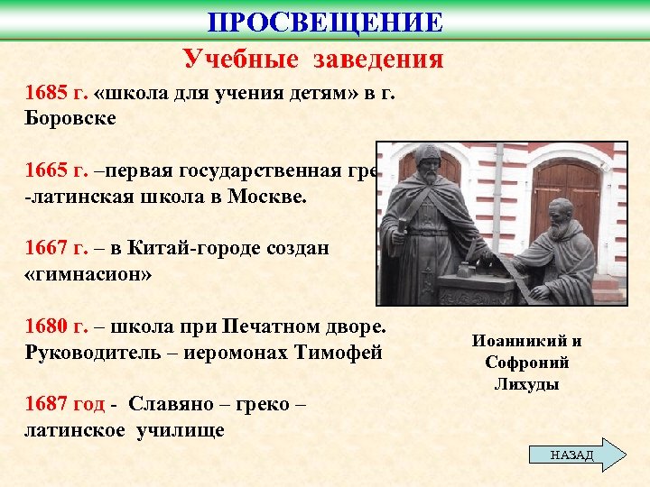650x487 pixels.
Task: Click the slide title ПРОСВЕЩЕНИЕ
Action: (x=325, y=22)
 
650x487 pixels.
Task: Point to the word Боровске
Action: (x=70, y=118)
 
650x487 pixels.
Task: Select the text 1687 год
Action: (x=64, y=405)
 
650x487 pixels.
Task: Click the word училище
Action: (x=180, y=430)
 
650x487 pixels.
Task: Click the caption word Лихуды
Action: (x=526, y=383)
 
